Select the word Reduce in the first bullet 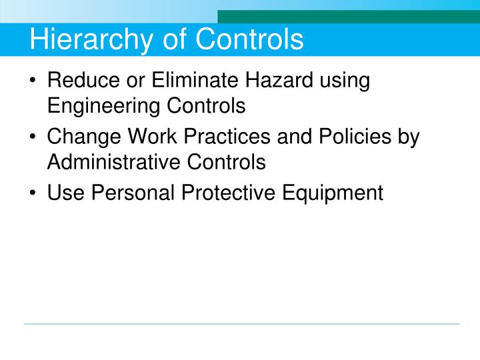pyautogui.click(x=81, y=82)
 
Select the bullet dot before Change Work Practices pyautogui.click(x=34, y=138)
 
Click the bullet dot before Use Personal pyautogui.click(x=34, y=193)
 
